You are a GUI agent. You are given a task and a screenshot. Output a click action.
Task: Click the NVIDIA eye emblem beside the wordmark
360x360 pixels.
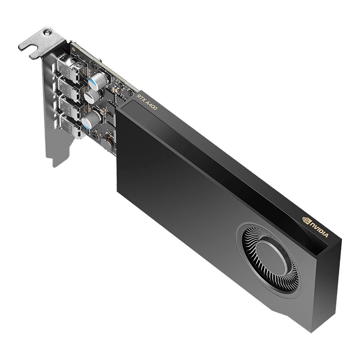(307, 220)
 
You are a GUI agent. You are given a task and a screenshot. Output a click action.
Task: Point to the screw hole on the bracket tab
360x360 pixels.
(47, 32)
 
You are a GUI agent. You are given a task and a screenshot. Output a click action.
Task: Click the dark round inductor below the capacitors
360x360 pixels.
(108, 144)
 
